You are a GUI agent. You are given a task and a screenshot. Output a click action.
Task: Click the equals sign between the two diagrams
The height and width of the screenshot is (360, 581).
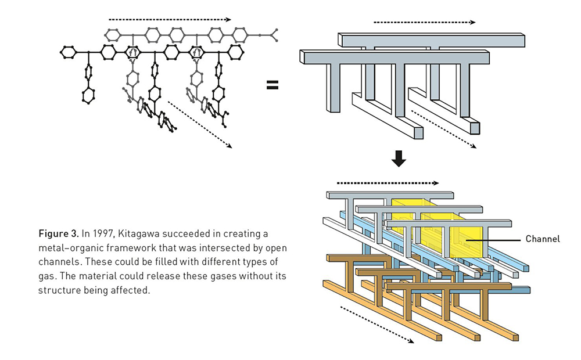[x=272, y=85]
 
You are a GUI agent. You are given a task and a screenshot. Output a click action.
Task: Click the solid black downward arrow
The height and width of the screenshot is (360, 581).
[x=399, y=159]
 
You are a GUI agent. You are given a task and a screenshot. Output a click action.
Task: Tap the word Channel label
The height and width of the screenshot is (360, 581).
[x=543, y=239]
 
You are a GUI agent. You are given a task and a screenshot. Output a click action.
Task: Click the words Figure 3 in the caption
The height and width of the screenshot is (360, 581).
[x=59, y=233]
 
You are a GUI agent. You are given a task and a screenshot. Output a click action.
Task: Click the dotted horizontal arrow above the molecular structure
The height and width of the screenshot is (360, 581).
[x=170, y=20]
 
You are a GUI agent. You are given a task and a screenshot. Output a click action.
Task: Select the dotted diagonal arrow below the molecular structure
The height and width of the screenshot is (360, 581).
[x=200, y=124]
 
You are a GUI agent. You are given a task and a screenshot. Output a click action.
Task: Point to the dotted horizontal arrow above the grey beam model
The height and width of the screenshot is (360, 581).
[x=425, y=22]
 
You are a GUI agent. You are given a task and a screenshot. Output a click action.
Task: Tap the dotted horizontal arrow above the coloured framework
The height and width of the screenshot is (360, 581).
[x=388, y=183]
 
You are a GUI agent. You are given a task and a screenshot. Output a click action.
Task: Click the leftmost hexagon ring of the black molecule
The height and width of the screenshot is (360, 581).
[x=68, y=52]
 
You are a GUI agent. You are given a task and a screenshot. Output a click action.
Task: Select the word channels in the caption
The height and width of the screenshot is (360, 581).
[x=60, y=262]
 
